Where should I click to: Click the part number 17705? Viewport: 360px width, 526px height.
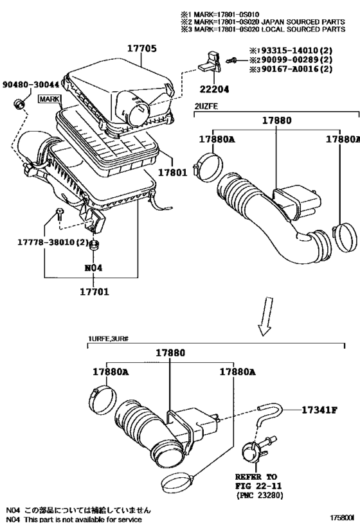[x=141, y=49]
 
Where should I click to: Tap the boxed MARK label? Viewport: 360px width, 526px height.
[x=50, y=99]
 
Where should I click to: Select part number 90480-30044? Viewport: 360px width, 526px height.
[x=31, y=85]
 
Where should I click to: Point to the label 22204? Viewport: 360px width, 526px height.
[x=214, y=89]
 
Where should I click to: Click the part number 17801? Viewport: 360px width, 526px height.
[x=173, y=172]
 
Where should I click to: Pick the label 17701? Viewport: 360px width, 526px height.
[x=94, y=292]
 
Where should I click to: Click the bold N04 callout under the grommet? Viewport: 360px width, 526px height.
[x=93, y=268]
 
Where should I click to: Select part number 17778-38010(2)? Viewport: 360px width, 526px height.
[x=53, y=242]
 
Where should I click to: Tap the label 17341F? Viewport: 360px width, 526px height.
[x=319, y=410]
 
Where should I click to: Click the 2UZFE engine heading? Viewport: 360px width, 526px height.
[x=206, y=107]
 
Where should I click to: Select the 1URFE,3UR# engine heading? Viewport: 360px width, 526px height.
[x=108, y=339]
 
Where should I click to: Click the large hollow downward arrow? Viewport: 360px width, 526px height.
[x=265, y=316]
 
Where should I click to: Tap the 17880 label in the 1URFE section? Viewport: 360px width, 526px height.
[x=170, y=353]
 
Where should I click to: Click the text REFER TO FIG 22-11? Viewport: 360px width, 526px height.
[x=258, y=482]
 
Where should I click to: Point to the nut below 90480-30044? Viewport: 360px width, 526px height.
[x=19, y=104]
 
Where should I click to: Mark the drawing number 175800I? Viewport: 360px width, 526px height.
[x=343, y=518]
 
